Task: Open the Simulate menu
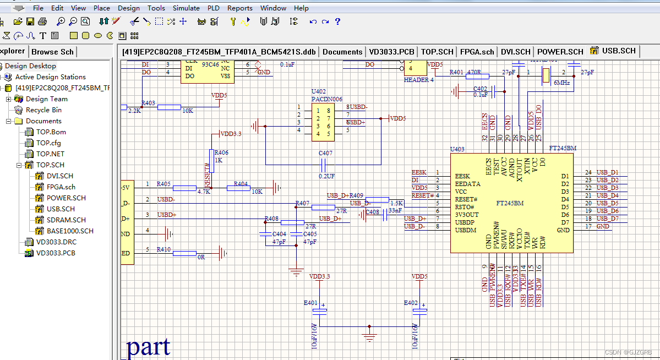(x=186, y=8)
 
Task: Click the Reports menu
(x=239, y=8)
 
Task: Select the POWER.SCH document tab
(x=560, y=52)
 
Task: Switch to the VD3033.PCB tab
(x=391, y=52)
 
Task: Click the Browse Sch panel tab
(x=52, y=52)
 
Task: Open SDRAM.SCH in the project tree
(x=66, y=220)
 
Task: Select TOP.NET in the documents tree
(x=50, y=154)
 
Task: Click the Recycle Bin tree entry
(x=43, y=110)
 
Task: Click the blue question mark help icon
(x=337, y=21)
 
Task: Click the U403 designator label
(x=457, y=149)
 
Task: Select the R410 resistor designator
(x=163, y=249)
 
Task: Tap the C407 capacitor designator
(x=325, y=153)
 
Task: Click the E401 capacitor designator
(x=310, y=303)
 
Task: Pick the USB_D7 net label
(x=607, y=219)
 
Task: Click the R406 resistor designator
(x=222, y=152)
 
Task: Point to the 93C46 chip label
(x=209, y=64)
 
